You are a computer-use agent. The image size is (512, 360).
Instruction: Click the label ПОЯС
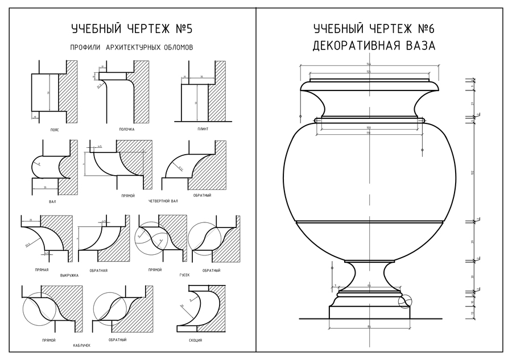[x=55, y=130]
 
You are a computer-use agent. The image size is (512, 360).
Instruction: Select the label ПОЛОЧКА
[x=126, y=129]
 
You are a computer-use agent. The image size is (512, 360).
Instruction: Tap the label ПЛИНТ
[x=203, y=129]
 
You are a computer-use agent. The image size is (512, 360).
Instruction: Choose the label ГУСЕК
[x=184, y=275]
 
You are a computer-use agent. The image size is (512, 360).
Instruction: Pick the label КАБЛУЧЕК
[x=82, y=345]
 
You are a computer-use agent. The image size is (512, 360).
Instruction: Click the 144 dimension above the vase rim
[x=369, y=64]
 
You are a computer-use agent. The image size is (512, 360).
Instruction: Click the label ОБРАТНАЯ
[x=98, y=270]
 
